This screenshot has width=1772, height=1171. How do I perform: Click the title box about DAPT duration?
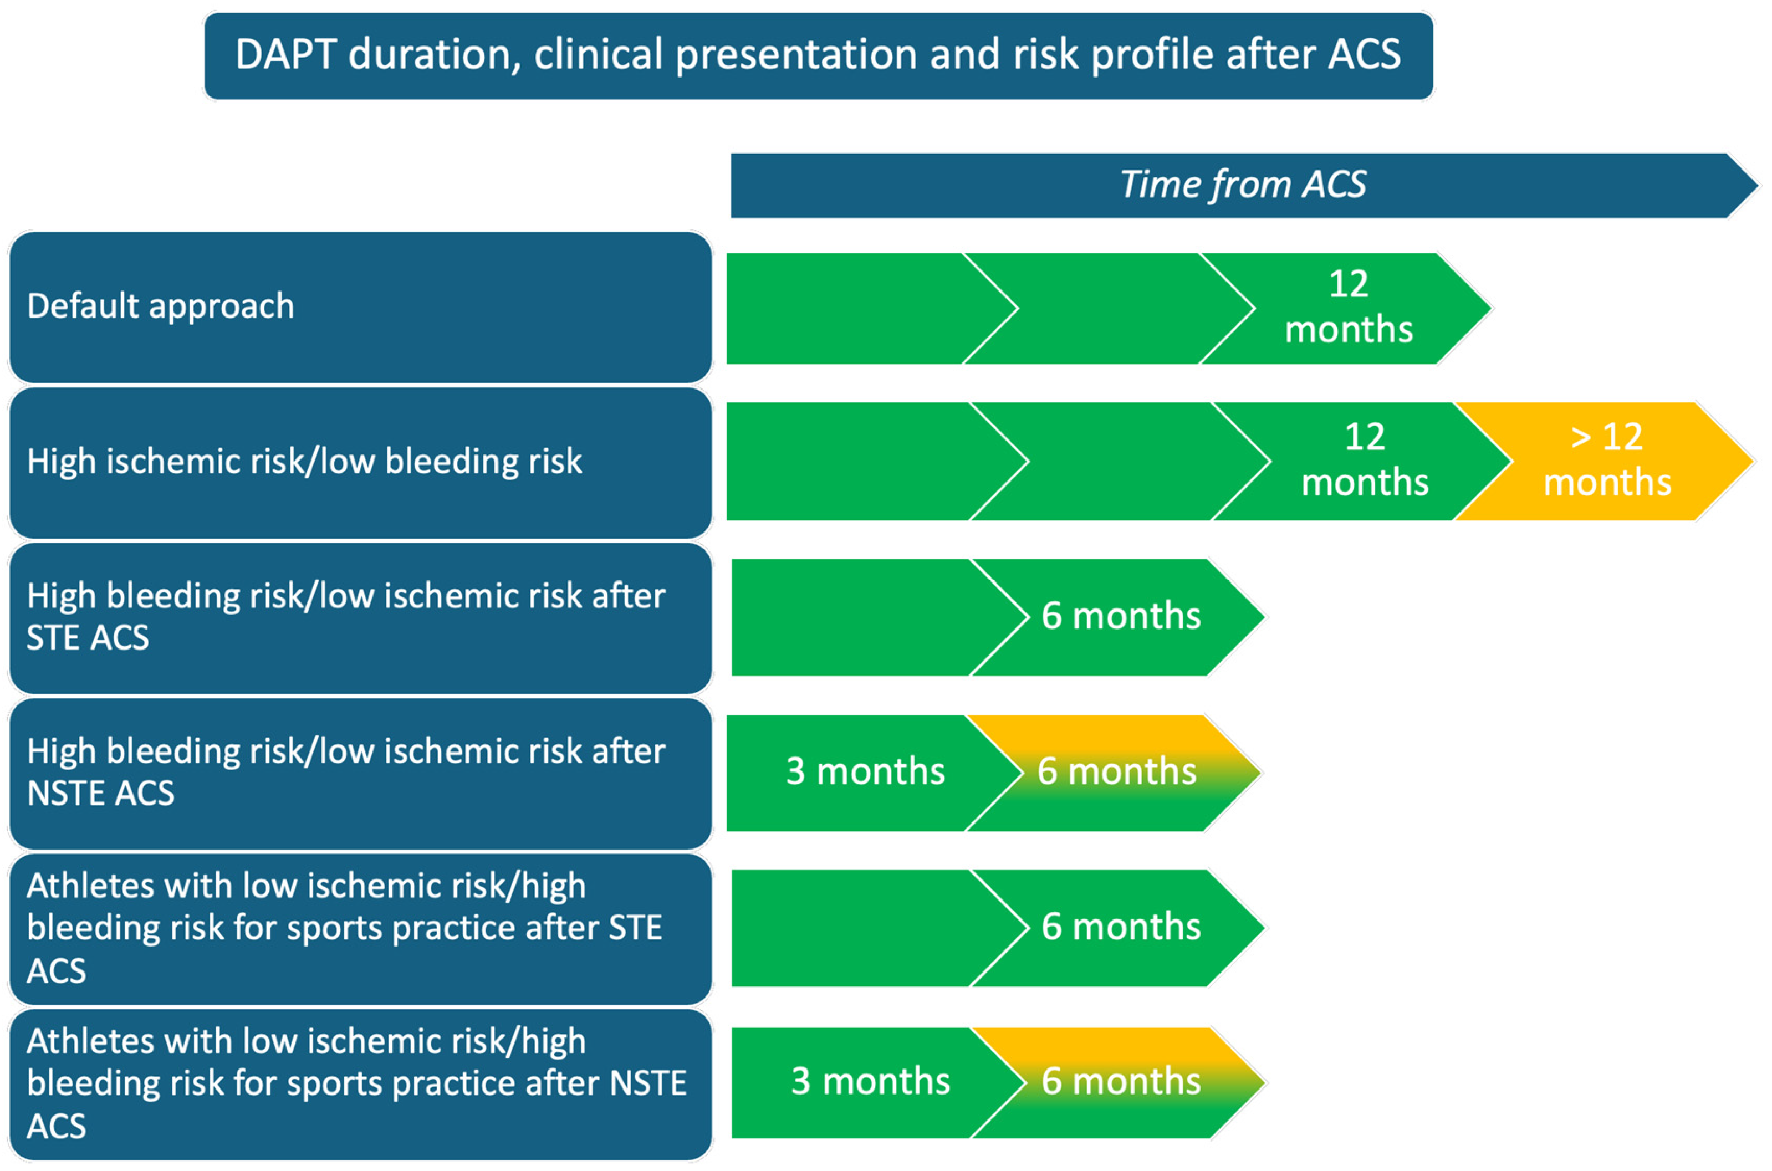coord(819,56)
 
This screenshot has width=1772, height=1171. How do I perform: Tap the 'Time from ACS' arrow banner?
coord(1243,185)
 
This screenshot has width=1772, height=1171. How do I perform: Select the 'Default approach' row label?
coord(360,307)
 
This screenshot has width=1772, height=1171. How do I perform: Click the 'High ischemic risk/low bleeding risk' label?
coord(360,462)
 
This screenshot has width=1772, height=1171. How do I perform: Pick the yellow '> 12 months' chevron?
coord(1606,461)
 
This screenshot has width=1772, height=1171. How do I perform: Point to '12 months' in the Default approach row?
coord(1348,308)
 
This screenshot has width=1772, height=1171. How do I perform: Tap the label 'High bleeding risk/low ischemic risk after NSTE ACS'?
coord(360,773)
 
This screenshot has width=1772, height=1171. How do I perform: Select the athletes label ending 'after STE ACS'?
coord(360,928)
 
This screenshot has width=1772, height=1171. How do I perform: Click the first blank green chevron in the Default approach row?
coord(859,308)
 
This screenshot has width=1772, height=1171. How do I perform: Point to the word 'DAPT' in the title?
coord(285,55)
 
